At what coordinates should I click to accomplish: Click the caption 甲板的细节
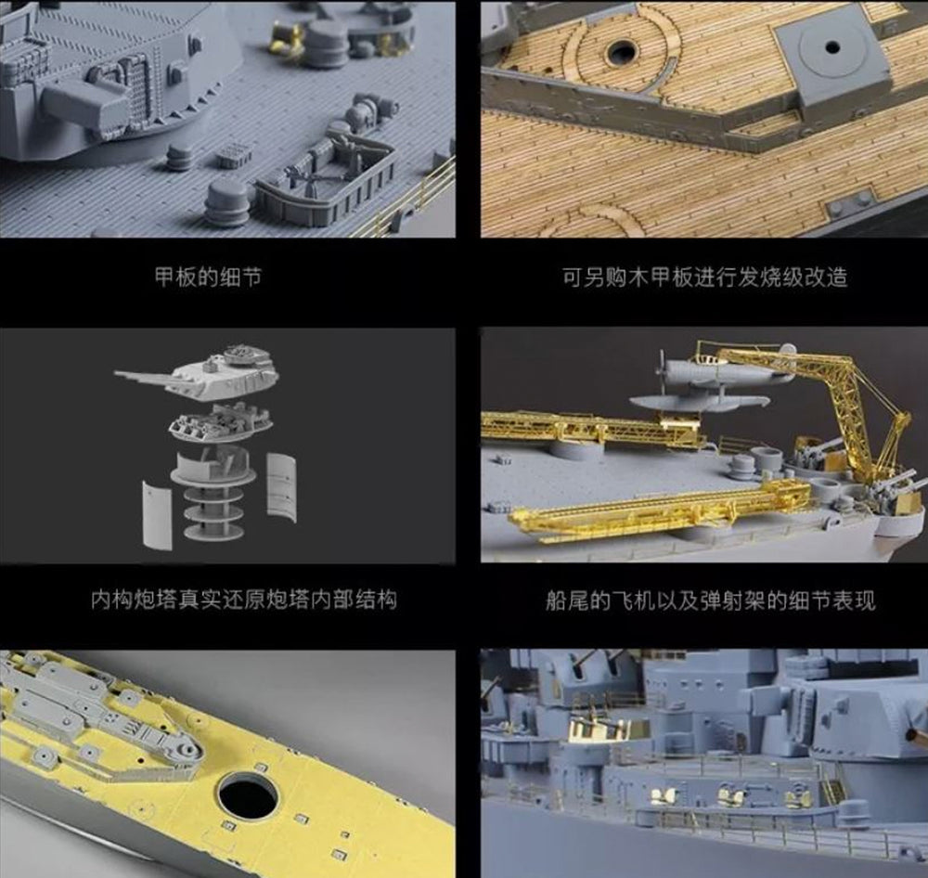(208, 277)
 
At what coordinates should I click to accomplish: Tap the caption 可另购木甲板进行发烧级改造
(704, 277)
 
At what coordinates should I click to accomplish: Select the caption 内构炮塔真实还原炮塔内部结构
(244, 600)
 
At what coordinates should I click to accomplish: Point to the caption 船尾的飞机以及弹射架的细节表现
(710, 600)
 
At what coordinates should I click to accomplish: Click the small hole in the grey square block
(832, 46)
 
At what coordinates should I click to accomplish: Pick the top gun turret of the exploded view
(201, 373)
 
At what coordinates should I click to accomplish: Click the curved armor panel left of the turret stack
(157, 515)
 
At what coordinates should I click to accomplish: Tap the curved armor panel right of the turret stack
(282, 487)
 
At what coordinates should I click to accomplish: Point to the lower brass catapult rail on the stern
(657, 510)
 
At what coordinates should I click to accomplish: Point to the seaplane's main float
(699, 403)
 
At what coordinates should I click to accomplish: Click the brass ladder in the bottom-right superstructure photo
(831, 782)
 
